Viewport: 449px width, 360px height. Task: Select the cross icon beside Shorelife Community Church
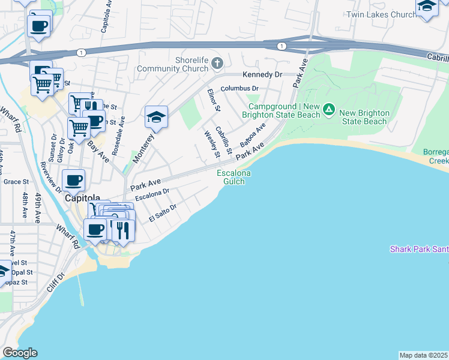pyautogui.click(x=217, y=62)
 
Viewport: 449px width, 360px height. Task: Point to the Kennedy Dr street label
pyautogui.click(x=262, y=74)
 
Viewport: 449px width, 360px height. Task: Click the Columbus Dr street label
pyautogui.click(x=239, y=88)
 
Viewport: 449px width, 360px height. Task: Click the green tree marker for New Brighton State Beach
pyautogui.click(x=328, y=109)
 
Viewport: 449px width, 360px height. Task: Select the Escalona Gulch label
pyautogui.click(x=234, y=177)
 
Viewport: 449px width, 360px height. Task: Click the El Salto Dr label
pyautogui.click(x=163, y=213)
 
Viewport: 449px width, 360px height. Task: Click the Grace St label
pyautogui.click(x=16, y=182)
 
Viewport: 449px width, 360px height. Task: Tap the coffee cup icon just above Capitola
pyautogui.click(x=74, y=179)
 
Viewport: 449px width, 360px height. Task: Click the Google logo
pyautogui.click(x=20, y=353)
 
